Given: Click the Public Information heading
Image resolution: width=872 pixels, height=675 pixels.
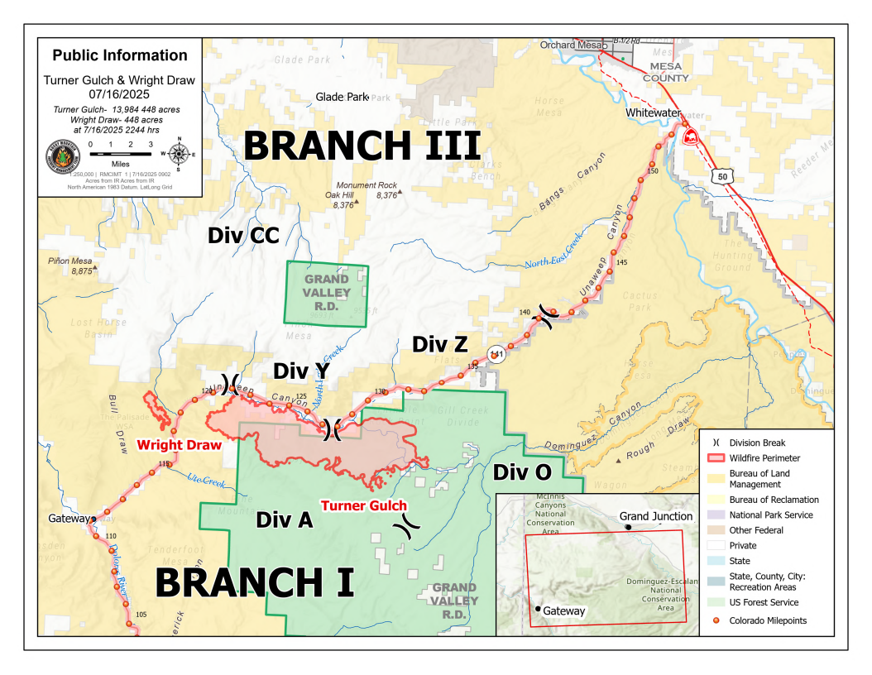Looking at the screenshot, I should tap(120, 55).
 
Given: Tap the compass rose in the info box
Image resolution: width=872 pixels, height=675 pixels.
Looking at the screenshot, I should tap(179, 152).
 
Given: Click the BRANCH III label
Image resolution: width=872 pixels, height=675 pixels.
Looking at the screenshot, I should tap(362, 146).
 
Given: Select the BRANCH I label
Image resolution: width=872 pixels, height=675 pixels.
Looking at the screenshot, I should tap(255, 582).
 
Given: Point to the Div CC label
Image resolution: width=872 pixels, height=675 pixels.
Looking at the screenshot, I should tap(243, 236).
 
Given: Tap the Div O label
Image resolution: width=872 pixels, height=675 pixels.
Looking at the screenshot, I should tap(522, 472).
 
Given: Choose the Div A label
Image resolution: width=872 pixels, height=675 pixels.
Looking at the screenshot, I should tap(284, 519).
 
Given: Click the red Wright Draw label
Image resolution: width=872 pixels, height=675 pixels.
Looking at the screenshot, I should tap(180, 445).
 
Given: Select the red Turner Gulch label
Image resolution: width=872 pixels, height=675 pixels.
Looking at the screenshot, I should tap(363, 505).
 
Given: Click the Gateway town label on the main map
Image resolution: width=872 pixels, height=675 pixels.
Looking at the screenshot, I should tap(68, 519).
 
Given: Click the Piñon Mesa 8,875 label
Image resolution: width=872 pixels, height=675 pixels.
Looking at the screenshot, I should tap(70, 266).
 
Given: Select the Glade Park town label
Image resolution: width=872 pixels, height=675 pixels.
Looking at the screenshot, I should tap(341, 97).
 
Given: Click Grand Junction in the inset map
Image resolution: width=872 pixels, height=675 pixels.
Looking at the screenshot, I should tap(655, 517).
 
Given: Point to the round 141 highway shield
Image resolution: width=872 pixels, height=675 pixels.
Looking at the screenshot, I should tap(496, 353).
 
